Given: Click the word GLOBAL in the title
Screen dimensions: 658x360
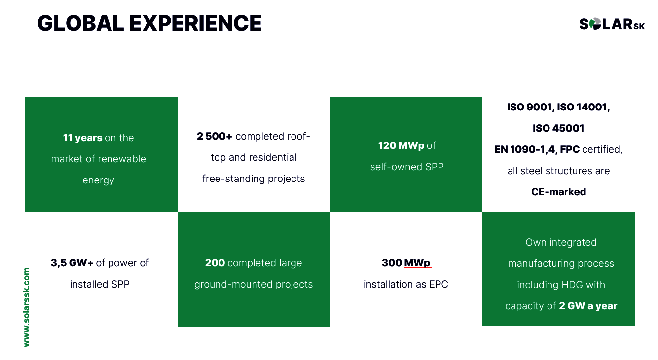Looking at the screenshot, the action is pos(80,23).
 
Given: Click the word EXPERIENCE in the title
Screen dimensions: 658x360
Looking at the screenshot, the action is pos(195,23).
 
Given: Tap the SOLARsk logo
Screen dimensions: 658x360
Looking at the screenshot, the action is pos(612,24).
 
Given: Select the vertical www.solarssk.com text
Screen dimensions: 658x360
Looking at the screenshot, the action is pos(27,307).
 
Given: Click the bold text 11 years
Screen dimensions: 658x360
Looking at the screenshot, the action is pos(82,138).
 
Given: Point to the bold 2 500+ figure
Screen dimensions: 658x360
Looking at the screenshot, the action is pos(215,136).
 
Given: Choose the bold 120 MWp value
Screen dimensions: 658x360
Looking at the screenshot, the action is pos(401,145).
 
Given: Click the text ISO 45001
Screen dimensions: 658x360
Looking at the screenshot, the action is pos(558,128).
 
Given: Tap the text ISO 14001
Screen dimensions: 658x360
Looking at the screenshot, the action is pos(583,107).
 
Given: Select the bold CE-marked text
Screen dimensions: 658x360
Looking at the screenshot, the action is pos(558,192).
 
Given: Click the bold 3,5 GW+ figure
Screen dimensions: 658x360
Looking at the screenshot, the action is pos(72,263).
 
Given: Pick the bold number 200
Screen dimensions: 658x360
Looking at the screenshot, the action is pos(215,263).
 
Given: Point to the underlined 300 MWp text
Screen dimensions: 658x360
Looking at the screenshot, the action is pos(406,263).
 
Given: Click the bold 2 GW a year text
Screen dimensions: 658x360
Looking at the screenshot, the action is pos(588,306).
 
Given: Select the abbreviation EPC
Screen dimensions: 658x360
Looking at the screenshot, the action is pos(439,284).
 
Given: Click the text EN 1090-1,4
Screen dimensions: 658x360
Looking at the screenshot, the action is pos(526,150).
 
